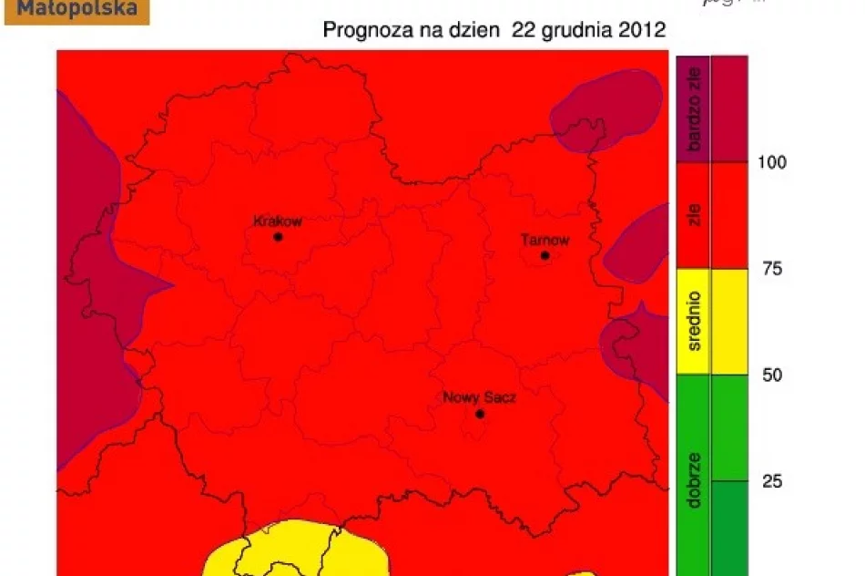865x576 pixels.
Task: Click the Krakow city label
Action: (x=277, y=221)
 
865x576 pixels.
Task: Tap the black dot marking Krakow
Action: (x=278, y=237)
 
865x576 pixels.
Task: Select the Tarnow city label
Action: (x=544, y=241)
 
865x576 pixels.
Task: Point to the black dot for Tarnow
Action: (x=544, y=255)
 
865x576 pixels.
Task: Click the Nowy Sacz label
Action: (x=479, y=397)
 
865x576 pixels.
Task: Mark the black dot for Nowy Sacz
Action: (x=480, y=414)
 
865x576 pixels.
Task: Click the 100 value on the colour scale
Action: (x=772, y=162)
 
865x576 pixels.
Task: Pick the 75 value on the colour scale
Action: (x=771, y=269)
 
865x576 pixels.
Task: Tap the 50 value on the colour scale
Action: (x=771, y=375)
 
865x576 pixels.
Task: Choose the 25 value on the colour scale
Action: (x=771, y=481)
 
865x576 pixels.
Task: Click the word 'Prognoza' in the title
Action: (x=360, y=30)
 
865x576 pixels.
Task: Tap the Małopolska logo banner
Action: (x=76, y=11)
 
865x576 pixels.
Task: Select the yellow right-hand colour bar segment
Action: (x=729, y=322)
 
